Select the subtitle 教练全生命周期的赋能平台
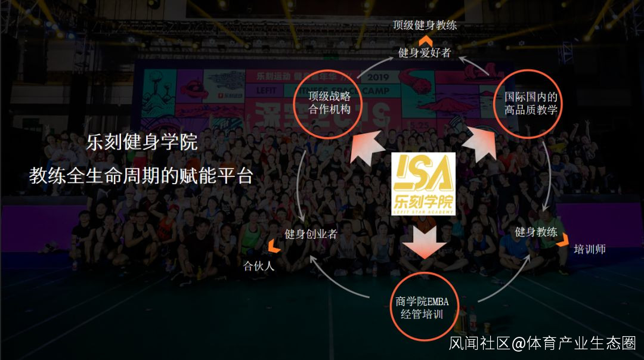141,176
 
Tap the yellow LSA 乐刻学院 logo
423,184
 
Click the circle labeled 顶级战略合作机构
329,103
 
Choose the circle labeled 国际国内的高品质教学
531,103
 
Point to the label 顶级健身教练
425,25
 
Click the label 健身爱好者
425,53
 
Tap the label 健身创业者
311,234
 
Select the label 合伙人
259,266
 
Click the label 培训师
589,249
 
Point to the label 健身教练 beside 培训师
536,232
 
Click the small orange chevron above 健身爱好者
425,40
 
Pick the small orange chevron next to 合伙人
273,246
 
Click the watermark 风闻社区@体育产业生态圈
542,344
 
